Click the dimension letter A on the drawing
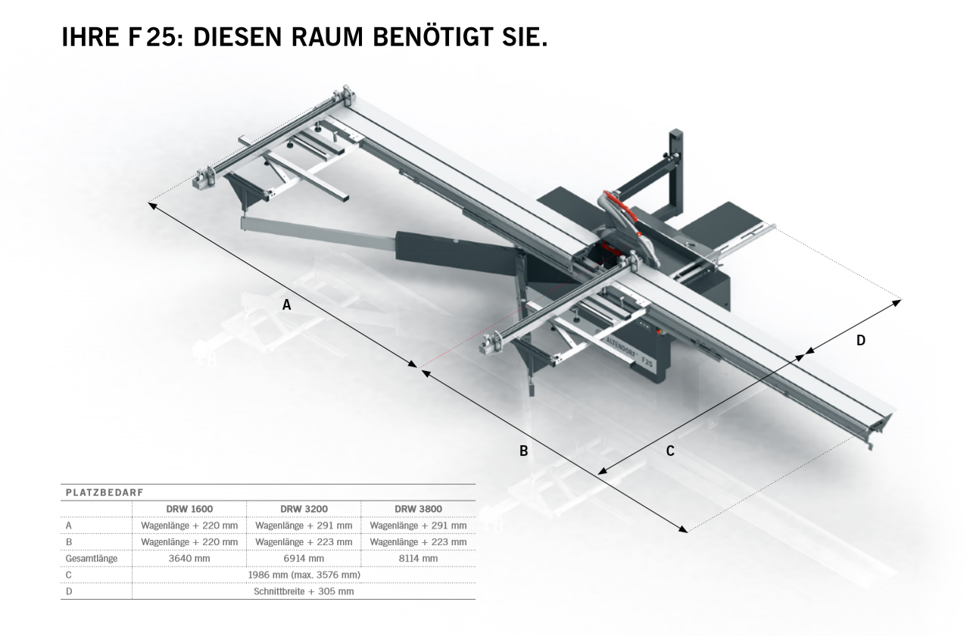pyautogui.click(x=286, y=304)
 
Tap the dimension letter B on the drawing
pyautogui.click(x=524, y=450)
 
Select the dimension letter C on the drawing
pyautogui.click(x=670, y=450)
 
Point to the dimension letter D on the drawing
pyautogui.click(x=861, y=341)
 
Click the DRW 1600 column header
pyautogui.click(x=189, y=509)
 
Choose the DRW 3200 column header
pyautogui.click(x=304, y=509)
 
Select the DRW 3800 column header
pyautogui.click(x=418, y=509)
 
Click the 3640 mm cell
pyautogui.click(x=189, y=558)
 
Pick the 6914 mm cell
pyautogui.click(x=304, y=558)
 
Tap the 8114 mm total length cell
pyautogui.click(x=418, y=558)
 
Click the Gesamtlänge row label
pyautogui.click(x=92, y=559)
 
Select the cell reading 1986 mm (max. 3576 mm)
pyautogui.click(x=304, y=575)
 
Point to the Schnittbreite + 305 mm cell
pyautogui.click(x=304, y=591)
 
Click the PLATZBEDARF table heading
pyautogui.click(x=104, y=493)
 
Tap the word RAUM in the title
pyautogui.click(x=327, y=37)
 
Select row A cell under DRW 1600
pyautogui.click(x=189, y=525)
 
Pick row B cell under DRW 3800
pyautogui.click(x=418, y=542)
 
